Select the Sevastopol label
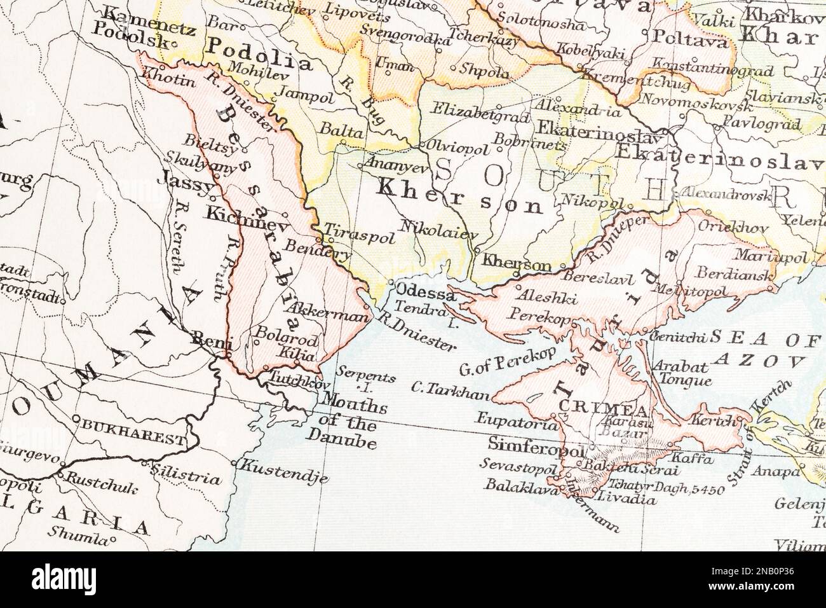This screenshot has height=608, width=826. click(x=517, y=466)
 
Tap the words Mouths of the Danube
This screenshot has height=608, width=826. click(x=346, y=420)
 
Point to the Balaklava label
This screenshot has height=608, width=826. click(x=517, y=485)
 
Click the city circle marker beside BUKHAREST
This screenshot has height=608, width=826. click(x=76, y=419)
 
